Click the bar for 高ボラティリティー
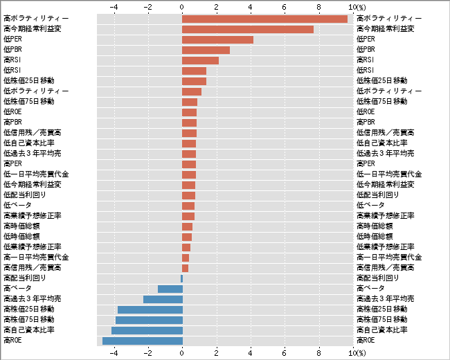[x=264, y=19]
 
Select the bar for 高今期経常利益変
[x=248, y=29]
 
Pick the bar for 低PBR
[x=206, y=50]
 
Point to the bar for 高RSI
[x=200, y=60]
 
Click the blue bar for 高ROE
[x=143, y=341]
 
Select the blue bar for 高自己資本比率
[x=147, y=330]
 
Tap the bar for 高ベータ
[x=170, y=289]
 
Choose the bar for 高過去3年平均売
[x=163, y=299]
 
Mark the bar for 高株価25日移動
[x=150, y=309]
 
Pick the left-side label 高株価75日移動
[x=28, y=320]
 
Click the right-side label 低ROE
[x=366, y=112]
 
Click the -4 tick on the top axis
[x=114, y=6]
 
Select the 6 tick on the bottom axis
[x=285, y=353]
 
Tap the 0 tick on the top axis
[x=182, y=6]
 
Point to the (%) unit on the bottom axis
[x=361, y=353]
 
